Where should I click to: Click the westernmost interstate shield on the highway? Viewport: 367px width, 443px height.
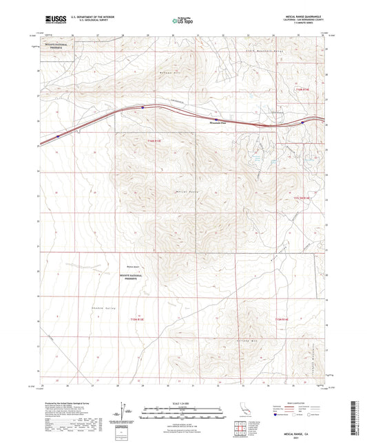point(58,136)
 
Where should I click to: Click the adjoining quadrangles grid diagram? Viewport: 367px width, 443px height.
point(241,426)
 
